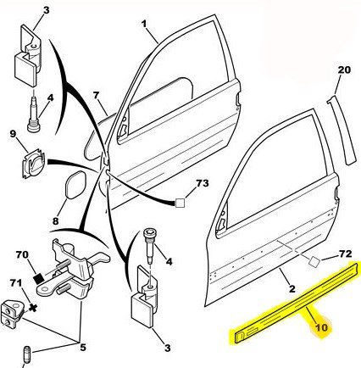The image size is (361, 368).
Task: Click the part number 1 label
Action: [x=144, y=24]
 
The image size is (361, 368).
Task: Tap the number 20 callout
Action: [x=344, y=70]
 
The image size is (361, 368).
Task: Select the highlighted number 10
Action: [x=321, y=327]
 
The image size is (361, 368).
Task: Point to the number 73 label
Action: [x=203, y=183]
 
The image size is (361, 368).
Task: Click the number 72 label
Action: [x=345, y=254]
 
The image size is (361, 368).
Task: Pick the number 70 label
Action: [x=22, y=255]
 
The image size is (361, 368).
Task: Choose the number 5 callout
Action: [x=82, y=347]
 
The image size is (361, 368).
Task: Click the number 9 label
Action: [x=13, y=133]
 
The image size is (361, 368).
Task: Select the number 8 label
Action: [x=55, y=220]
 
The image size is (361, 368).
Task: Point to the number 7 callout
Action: [x=97, y=96]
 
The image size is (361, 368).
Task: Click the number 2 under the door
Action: [x=292, y=288]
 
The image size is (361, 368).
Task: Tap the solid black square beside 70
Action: [x=38, y=278]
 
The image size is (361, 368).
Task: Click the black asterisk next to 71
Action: [x=33, y=308]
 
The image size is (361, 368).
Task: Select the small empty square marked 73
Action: [x=180, y=204]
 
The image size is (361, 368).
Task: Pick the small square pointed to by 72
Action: [x=314, y=261]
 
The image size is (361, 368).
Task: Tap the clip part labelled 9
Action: [x=34, y=164]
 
